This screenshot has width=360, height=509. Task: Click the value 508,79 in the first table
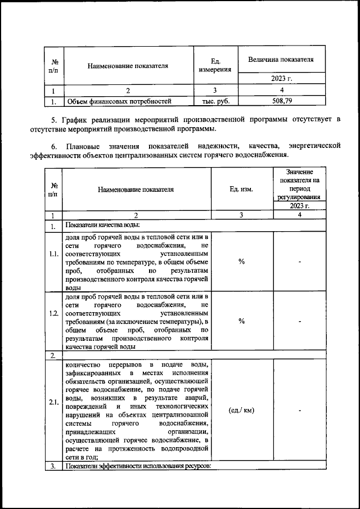(x=281, y=101)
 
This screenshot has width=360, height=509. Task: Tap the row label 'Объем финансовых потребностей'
(x=119, y=102)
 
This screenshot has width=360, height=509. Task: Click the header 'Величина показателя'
(x=281, y=59)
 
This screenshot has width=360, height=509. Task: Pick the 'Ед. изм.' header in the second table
(x=241, y=189)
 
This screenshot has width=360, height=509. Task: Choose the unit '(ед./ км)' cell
(x=241, y=410)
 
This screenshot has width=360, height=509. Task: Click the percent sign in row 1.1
(x=241, y=261)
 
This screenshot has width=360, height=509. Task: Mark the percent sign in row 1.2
(x=241, y=321)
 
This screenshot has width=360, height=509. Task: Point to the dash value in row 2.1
(x=300, y=410)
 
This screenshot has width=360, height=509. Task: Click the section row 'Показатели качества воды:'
(x=102, y=226)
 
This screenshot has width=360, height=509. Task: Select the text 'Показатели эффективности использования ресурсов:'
(x=138, y=467)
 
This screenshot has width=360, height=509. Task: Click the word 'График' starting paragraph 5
(x=74, y=120)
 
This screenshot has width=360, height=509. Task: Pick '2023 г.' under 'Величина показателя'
(x=281, y=78)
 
